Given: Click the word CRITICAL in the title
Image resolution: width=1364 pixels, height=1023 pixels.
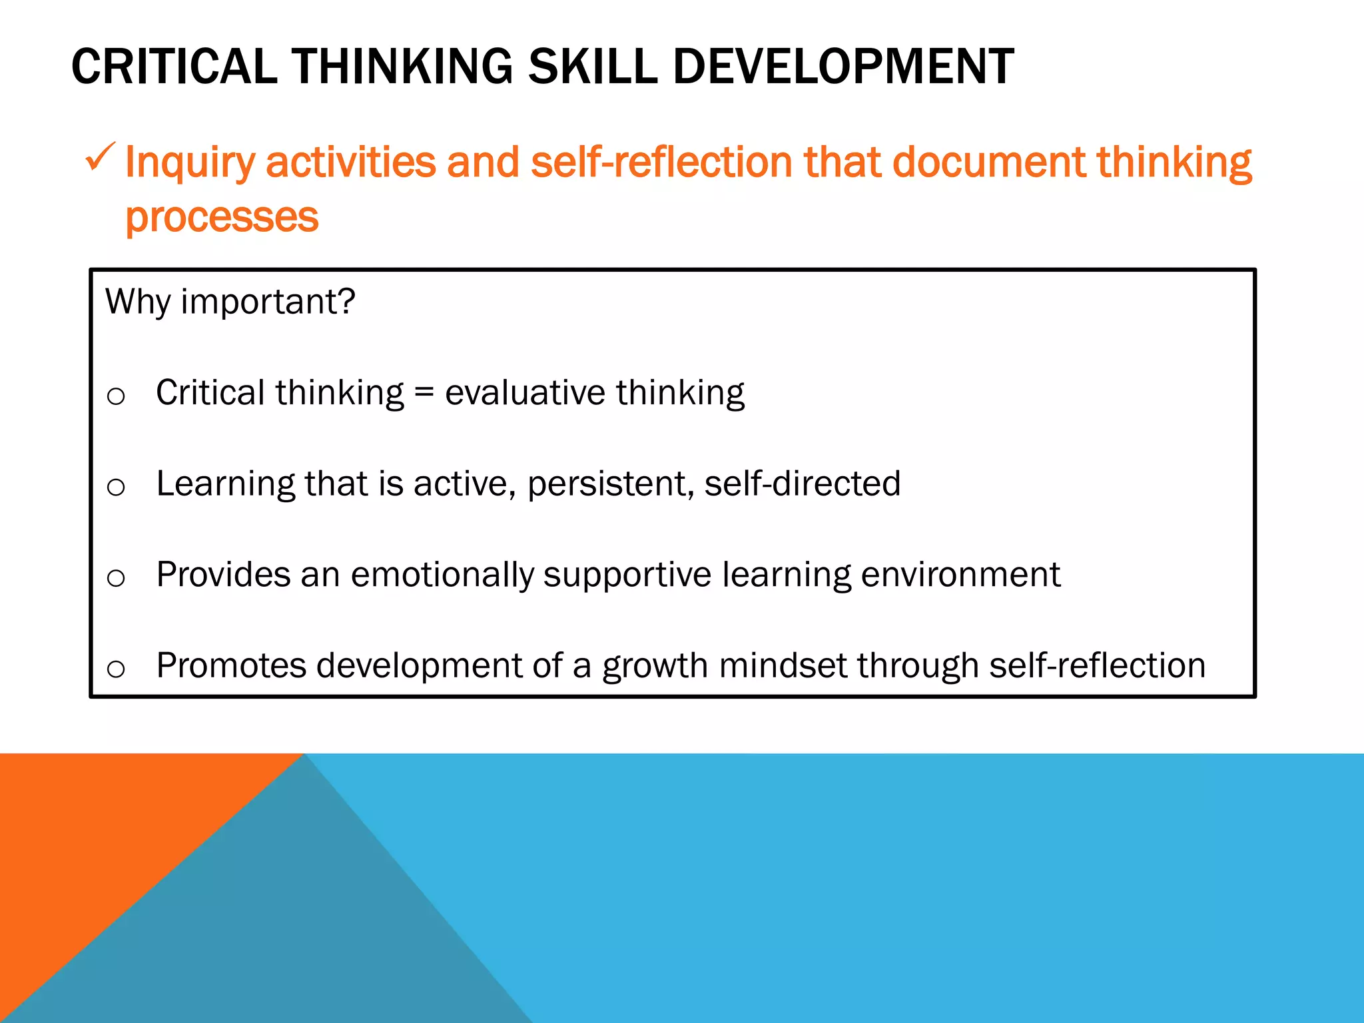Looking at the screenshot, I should pyautogui.click(x=174, y=67).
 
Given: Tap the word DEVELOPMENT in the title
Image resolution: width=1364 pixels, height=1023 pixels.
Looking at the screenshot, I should pyautogui.click(x=843, y=67).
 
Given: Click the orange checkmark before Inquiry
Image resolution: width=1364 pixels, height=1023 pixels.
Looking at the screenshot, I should pyautogui.click(x=100, y=158).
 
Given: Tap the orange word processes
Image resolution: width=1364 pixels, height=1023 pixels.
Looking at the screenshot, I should pyautogui.click(x=222, y=218).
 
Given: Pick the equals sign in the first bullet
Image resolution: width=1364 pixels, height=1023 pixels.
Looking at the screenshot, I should pyautogui.click(x=424, y=393).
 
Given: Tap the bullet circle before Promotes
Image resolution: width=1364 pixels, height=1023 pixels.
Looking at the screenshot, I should pyautogui.click(x=116, y=669).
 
